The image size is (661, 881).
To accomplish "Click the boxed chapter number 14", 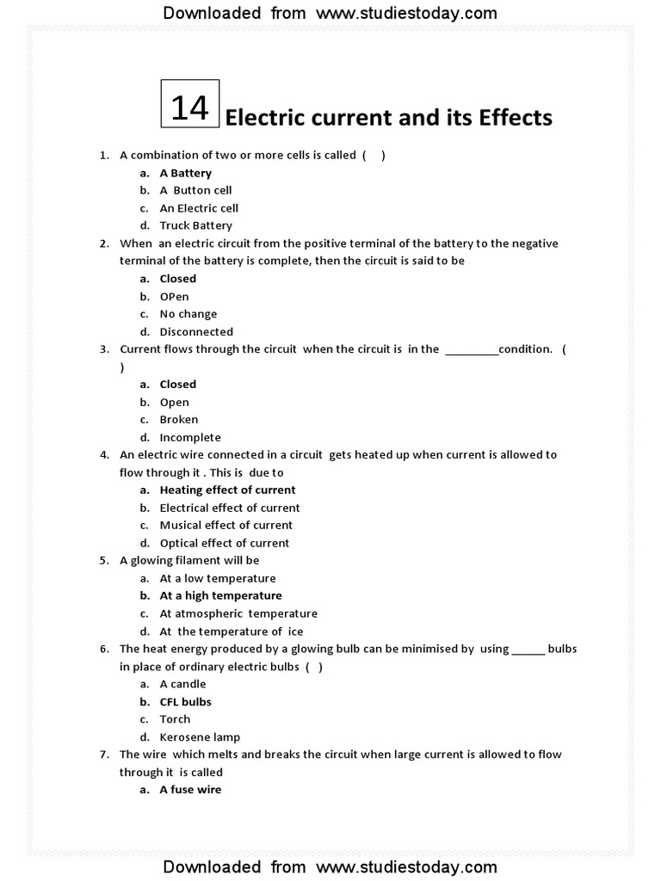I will tap(190, 108).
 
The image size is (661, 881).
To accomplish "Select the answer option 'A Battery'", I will tap(185, 173).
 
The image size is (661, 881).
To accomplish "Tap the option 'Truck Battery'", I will tap(195, 225).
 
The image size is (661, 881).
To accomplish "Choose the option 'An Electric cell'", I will tap(199, 208).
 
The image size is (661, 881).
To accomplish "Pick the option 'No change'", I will tap(188, 314).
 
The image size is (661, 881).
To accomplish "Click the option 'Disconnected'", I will tap(196, 331).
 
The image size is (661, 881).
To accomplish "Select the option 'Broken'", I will tap(178, 420).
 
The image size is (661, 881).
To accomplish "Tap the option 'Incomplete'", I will tap(190, 437).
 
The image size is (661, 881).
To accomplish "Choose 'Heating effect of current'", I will tap(227, 490).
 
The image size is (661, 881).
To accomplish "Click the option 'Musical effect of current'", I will tap(225, 525).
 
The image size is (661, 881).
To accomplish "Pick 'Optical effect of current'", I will tap(224, 543).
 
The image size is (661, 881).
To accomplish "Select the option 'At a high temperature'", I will tap(220, 595).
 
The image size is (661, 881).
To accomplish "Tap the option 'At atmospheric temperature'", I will tap(238, 613).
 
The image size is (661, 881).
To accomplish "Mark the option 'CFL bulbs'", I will tap(185, 702).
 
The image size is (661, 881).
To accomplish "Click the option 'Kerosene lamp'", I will tap(200, 737).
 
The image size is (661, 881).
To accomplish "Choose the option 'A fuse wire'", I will tap(190, 790).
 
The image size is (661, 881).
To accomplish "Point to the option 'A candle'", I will tap(182, 684).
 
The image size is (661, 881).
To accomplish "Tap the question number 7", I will tap(103, 755).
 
